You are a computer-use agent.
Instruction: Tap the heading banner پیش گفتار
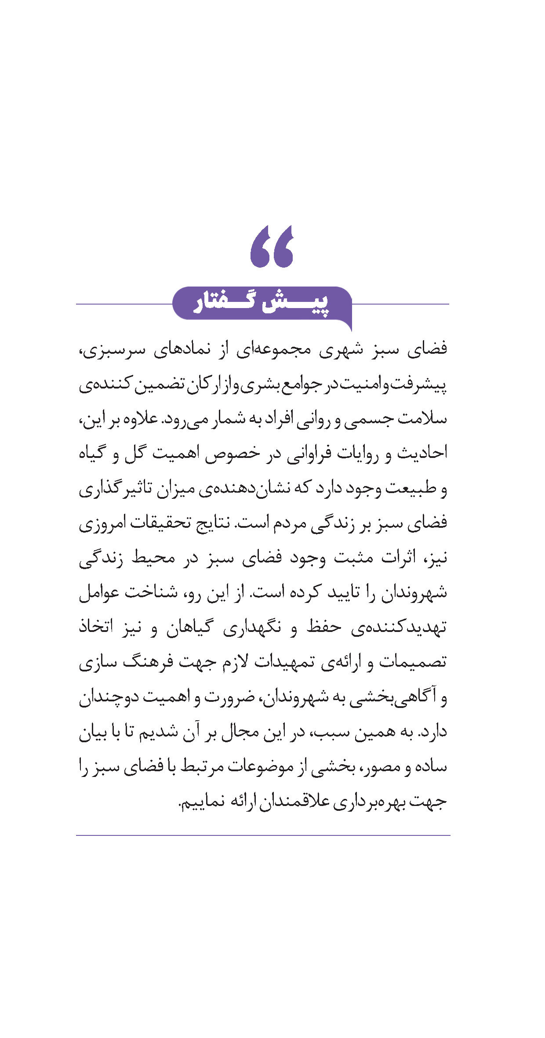pos(262,303)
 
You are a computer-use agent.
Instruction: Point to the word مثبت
pos(354,558)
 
